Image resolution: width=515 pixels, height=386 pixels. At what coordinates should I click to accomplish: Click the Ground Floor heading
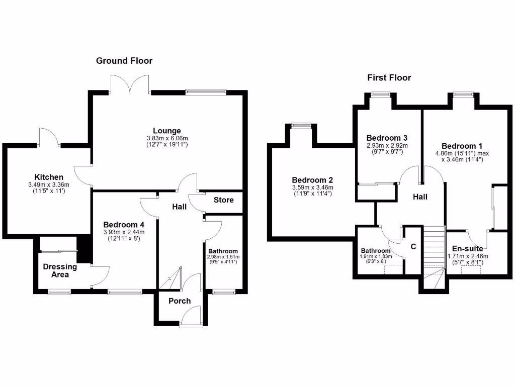click(x=124, y=61)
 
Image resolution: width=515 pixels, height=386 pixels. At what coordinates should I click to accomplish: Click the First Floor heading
click(x=389, y=78)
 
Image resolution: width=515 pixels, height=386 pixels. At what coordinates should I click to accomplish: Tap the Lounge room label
click(x=167, y=131)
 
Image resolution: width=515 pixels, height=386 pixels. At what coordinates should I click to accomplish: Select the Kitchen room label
click(x=49, y=177)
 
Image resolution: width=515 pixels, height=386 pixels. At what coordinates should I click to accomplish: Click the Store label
click(x=224, y=200)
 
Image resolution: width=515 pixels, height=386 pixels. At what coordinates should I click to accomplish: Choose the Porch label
click(x=180, y=301)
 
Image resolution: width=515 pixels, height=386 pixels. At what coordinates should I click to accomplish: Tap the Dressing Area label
click(x=60, y=270)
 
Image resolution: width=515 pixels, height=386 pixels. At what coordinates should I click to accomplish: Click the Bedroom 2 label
click(x=312, y=180)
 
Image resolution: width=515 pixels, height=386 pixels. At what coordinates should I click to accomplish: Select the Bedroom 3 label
click(x=387, y=138)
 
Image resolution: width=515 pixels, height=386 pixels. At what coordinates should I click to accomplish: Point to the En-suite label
click(x=468, y=249)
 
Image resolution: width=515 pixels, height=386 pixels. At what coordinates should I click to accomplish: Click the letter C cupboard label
click(x=413, y=247)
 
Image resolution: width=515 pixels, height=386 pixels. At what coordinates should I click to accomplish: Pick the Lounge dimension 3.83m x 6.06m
click(x=167, y=139)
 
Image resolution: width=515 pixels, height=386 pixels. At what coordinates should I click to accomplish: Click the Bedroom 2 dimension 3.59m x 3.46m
click(x=312, y=187)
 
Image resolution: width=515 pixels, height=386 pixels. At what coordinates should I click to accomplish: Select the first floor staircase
click(x=435, y=251)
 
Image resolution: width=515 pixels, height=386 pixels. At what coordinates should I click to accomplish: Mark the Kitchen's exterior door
click(x=49, y=138)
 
